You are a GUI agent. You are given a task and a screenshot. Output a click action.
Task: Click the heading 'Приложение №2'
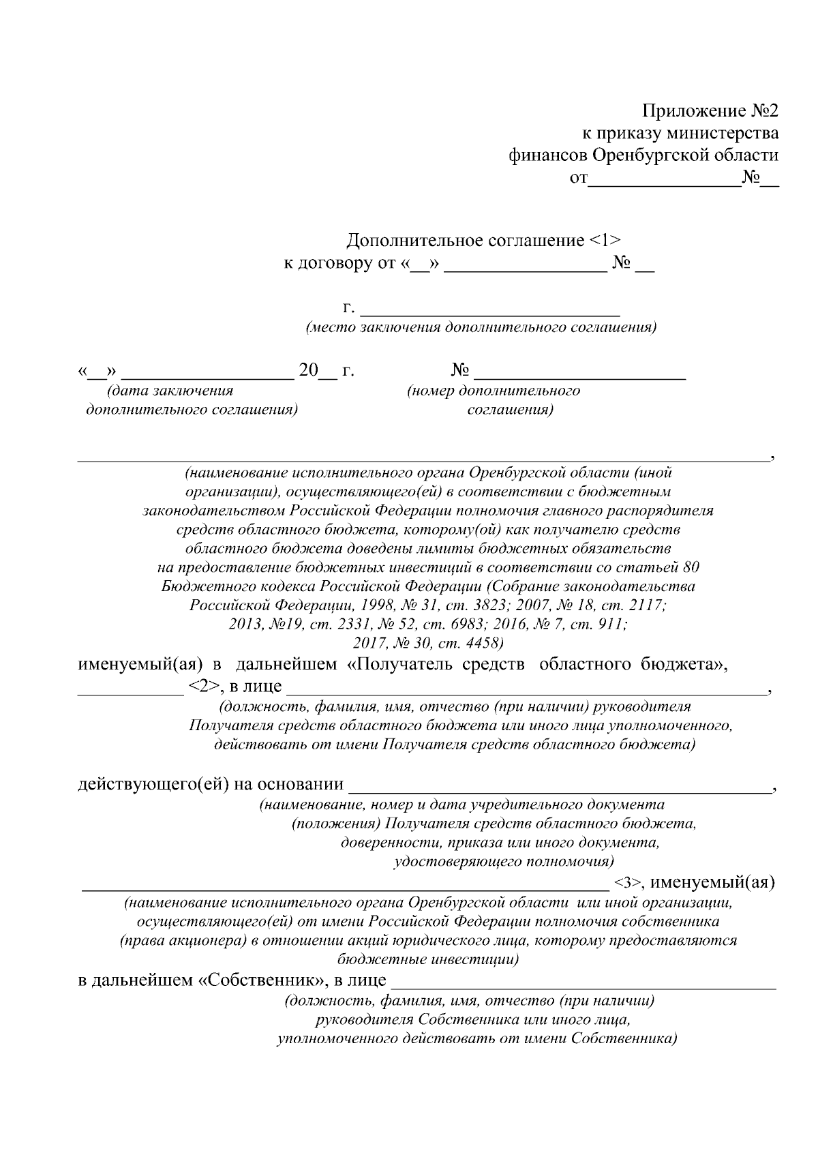tap(710, 110)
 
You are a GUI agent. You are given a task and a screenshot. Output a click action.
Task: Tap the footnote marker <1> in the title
tap(604, 241)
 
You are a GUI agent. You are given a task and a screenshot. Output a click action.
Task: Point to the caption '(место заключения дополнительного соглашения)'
tap(481, 328)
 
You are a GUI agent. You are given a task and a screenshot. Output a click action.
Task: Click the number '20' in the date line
tap(308, 372)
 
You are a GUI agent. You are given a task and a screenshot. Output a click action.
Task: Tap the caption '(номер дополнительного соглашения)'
tap(494, 400)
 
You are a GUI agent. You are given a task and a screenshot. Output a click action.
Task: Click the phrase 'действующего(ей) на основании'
tap(211, 785)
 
